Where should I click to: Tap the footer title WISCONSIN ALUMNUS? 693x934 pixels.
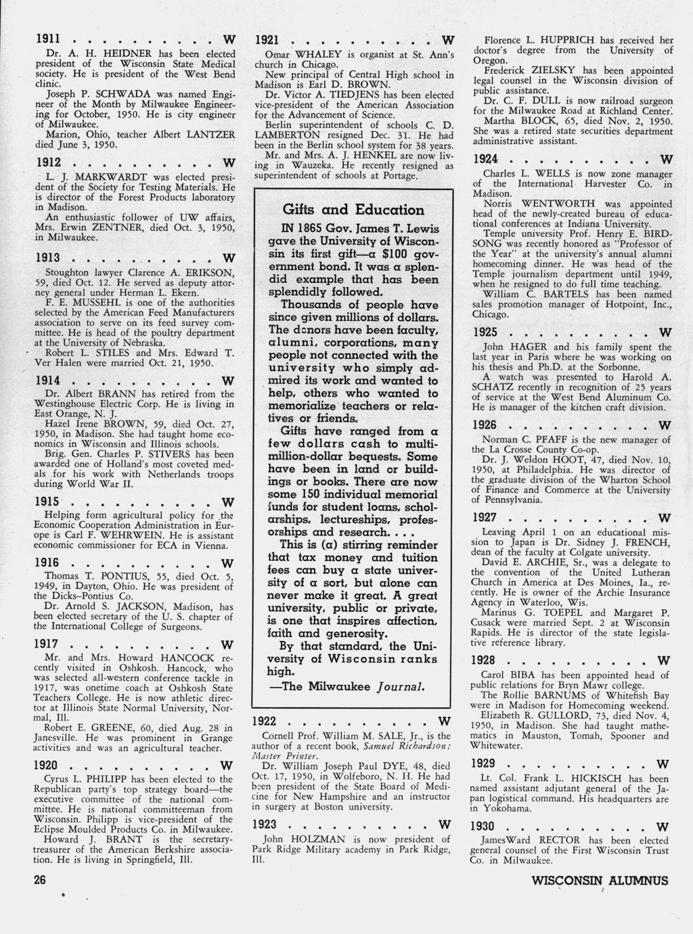(600, 881)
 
